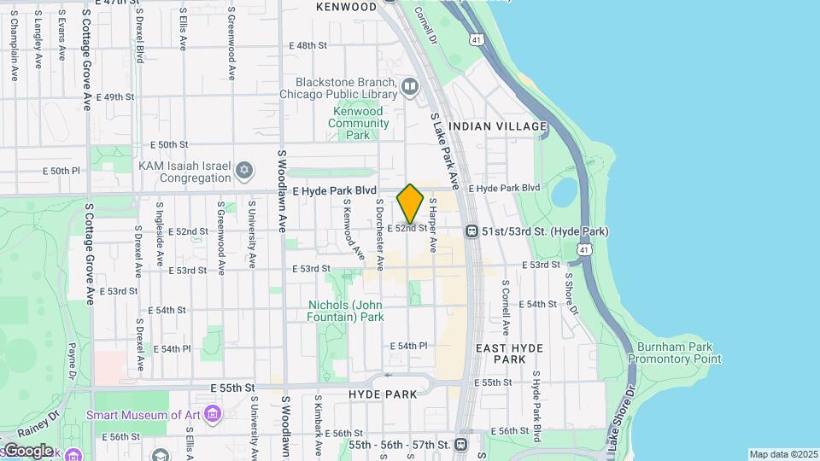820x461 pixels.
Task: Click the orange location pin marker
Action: (410, 204)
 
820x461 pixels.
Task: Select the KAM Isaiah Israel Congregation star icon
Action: (244, 172)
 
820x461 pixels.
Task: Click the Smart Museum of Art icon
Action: (213, 415)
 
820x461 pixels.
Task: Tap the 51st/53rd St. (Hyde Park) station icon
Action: (471, 231)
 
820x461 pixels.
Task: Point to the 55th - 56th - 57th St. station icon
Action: (461, 444)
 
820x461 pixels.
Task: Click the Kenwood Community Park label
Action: (360, 123)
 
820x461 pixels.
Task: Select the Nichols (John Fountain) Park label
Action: (346, 311)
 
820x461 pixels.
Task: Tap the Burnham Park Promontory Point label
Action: (675, 353)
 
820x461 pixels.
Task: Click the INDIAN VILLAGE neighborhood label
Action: (497, 126)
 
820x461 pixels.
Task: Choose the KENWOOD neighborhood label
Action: (346, 7)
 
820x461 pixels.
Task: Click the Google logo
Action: (27, 450)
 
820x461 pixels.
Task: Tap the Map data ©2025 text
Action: (783, 454)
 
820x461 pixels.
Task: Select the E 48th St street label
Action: (308, 45)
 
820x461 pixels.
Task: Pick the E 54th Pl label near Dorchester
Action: (408, 346)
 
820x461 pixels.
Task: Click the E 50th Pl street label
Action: (60, 171)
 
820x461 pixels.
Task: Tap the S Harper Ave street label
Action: (433, 225)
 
